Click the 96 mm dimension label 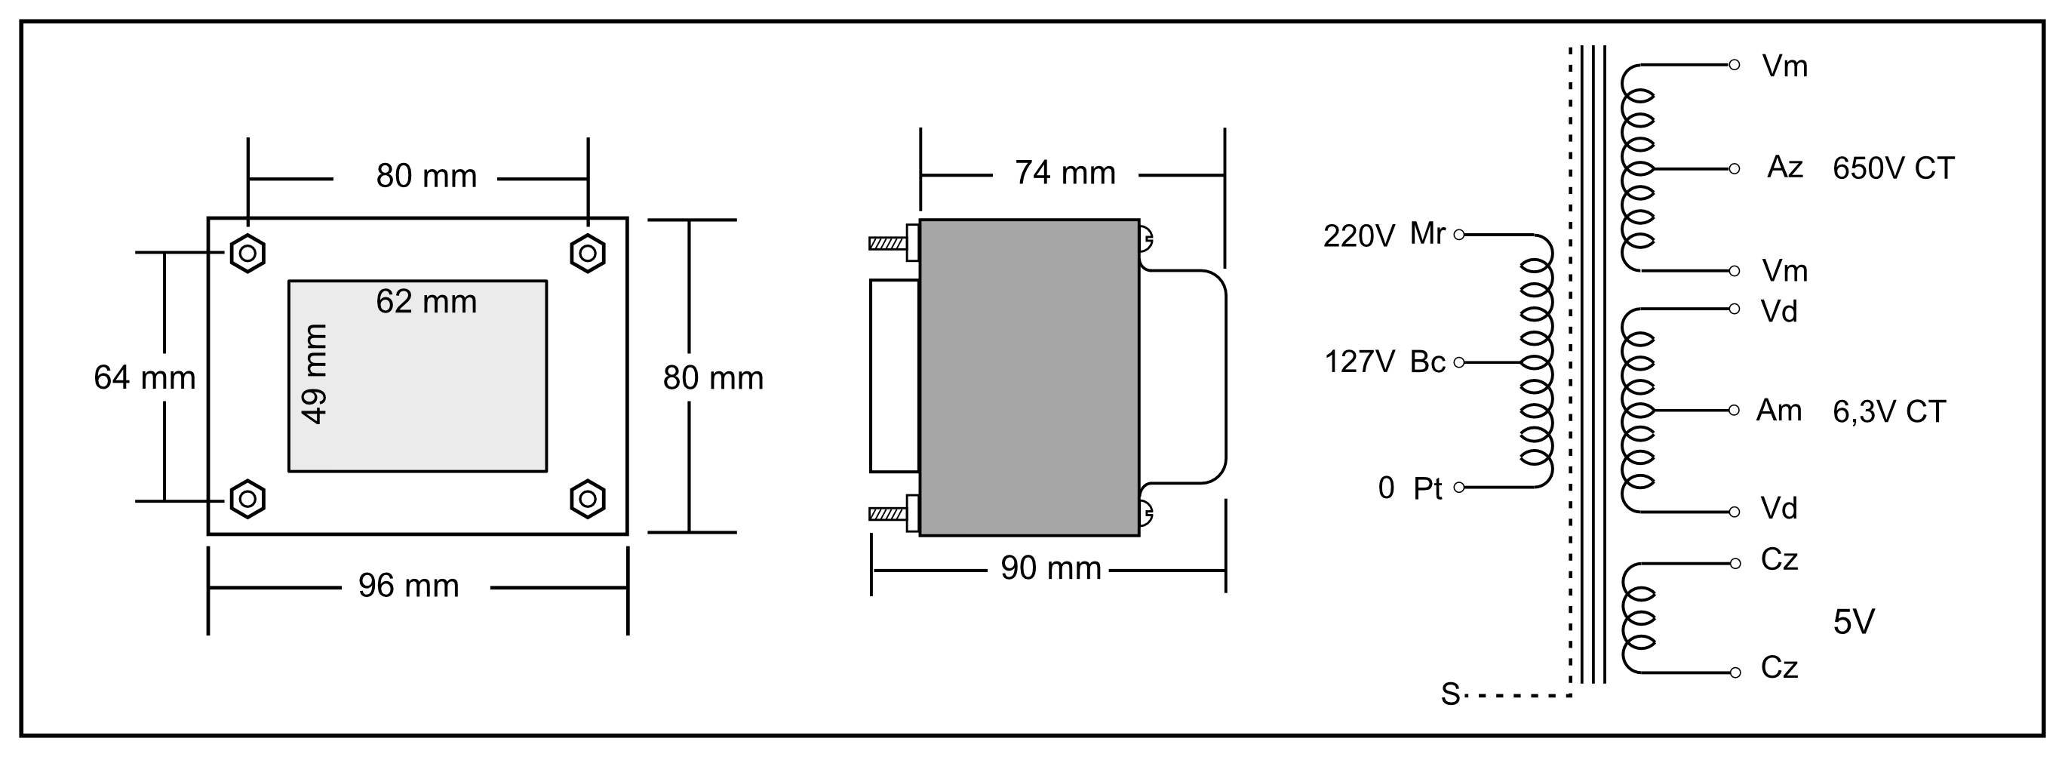408,586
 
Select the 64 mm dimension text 144,377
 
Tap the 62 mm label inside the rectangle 426,303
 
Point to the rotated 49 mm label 314,374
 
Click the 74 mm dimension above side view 1065,174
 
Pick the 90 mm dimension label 1050,568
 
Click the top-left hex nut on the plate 247,254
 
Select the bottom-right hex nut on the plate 588,500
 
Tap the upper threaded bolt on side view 887,243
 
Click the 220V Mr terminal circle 1459,235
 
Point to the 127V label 1360,362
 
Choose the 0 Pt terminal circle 1459,488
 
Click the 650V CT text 1894,168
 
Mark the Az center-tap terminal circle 1734,169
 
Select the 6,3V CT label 1888,412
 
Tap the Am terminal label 1779,411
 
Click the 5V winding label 1853,622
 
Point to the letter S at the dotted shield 1450,694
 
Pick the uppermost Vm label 1784,66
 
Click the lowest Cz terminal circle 1735,672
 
